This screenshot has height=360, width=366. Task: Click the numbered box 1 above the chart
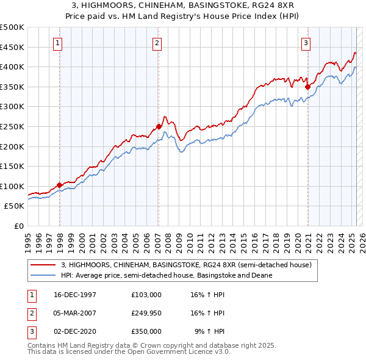[x=57, y=43]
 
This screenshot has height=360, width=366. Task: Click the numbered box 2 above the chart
[x=157, y=43]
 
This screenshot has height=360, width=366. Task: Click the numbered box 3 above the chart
[x=306, y=43]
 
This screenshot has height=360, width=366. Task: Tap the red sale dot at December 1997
[x=60, y=185]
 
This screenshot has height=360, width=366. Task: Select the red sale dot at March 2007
[x=159, y=127]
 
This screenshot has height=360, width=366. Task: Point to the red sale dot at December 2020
[x=307, y=87]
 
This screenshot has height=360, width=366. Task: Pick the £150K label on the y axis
[x=12, y=166]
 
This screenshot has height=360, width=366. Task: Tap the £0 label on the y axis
[x=18, y=226]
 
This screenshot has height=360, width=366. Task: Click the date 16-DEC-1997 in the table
[x=75, y=294]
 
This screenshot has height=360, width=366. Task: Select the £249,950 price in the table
[x=146, y=313]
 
